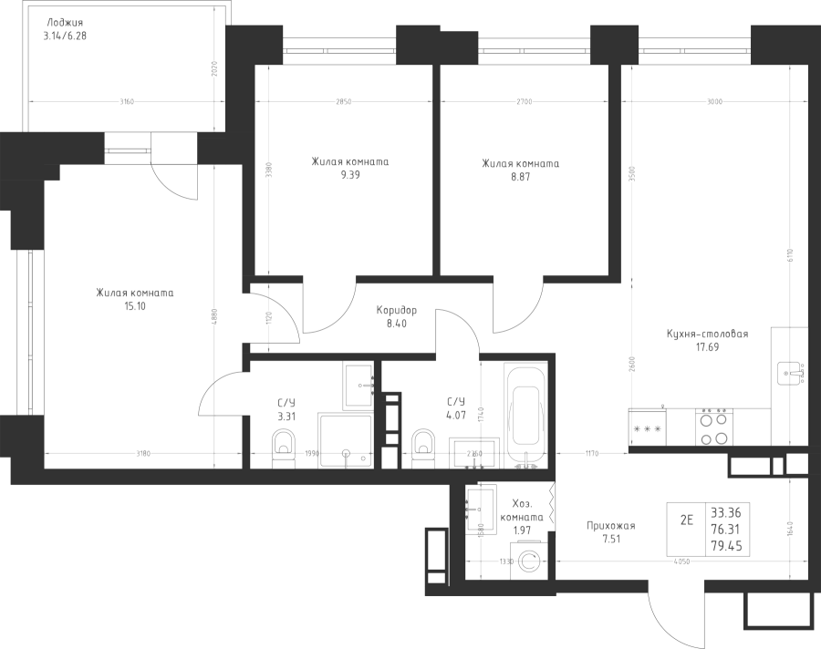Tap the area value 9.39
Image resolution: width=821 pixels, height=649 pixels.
(349, 177)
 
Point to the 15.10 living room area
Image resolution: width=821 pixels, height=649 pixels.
(135, 307)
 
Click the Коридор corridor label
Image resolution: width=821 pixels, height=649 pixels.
(396, 310)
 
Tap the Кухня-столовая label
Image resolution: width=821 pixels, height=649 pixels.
(707, 335)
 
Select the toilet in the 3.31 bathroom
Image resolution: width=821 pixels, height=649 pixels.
(282, 448)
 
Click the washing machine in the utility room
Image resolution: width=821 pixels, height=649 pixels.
(528, 561)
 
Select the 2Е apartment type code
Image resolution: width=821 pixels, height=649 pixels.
(687, 521)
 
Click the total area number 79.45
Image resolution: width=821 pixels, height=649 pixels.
(726, 547)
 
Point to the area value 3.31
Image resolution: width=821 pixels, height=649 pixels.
(285, 416)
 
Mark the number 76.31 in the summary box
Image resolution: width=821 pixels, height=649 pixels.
(726, 530)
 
